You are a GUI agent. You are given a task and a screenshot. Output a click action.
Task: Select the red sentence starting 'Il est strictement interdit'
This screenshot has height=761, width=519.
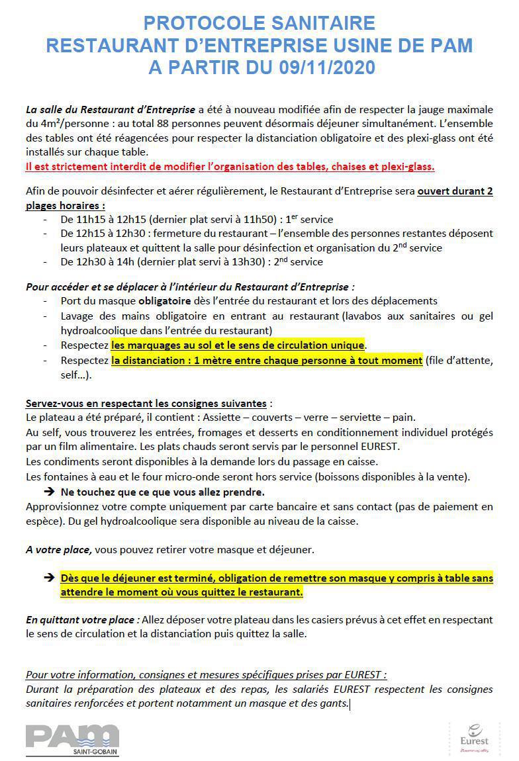tap(230, 166)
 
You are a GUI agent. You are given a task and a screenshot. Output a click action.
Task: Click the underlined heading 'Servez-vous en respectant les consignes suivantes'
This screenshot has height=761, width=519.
tap(146, 403)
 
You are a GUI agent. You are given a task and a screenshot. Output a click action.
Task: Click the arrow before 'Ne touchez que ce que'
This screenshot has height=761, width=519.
tap(49, 492)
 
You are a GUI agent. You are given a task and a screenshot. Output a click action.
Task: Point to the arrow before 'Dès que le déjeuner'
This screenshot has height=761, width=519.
tap(49, 578)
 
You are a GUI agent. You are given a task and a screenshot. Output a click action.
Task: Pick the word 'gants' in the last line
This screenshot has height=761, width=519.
tap(333, 703)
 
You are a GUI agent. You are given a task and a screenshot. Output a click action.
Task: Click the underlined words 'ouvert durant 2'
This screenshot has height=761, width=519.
tap(455, 192)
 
